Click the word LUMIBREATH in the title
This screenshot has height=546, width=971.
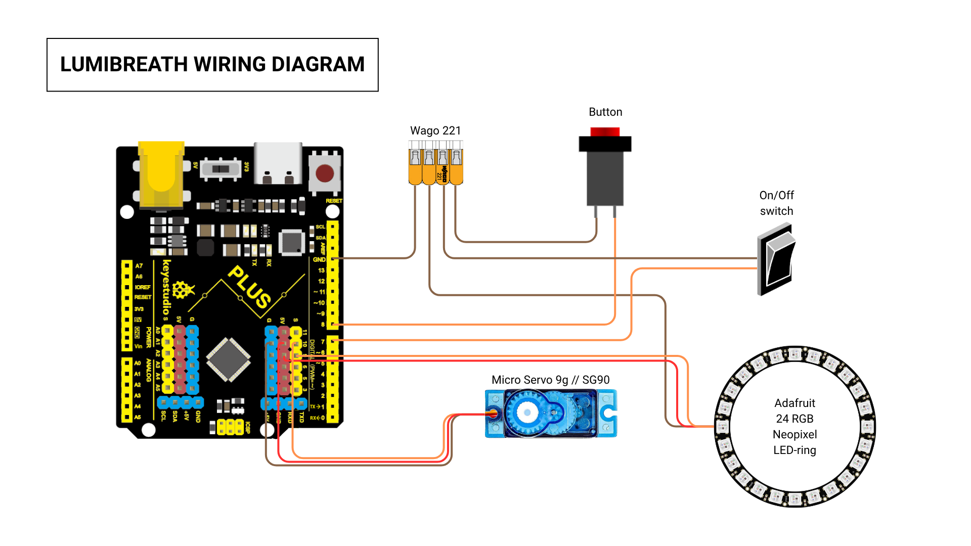tap(124, 65)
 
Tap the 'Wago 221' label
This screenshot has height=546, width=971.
tap(435, 130)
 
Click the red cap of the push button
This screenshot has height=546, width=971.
tap(605, 131)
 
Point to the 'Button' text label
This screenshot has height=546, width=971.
tap(605, 112)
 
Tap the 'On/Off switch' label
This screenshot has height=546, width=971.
tap(776, 203)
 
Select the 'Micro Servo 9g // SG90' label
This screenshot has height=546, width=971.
tap(550, 380)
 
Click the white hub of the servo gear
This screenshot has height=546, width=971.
tap(527, 413)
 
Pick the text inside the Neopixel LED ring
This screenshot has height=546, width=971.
tap(795, 426)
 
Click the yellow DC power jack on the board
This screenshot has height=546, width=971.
tap(161, 174)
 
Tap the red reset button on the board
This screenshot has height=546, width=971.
tap(325, 173)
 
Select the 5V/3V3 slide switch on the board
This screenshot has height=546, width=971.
tap(220, 168)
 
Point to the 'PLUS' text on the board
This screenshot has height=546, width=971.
tap(249, 287)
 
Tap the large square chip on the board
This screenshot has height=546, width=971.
tap(229, 359)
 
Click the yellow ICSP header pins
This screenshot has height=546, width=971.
tap(230, 427)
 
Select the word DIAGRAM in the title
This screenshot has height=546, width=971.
tap(318, 65)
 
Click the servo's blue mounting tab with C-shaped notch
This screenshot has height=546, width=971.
tap(608, 413)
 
